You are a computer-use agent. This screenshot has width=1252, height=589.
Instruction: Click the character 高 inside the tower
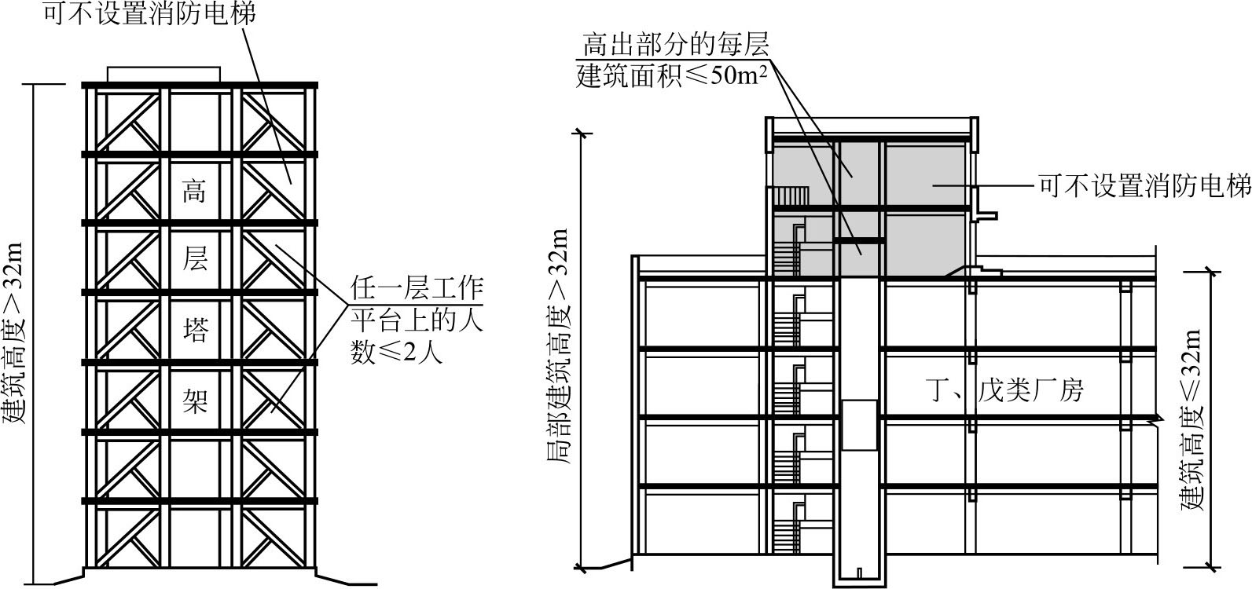click(194, 191)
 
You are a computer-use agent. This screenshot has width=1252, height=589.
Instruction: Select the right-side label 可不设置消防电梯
click(1144, 186)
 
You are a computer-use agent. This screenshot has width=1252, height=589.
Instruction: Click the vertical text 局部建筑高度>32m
click(558, 346)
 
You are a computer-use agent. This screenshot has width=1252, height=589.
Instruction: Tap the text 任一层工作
click(417, 289)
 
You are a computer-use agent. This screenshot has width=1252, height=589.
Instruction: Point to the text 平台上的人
click(417, 320)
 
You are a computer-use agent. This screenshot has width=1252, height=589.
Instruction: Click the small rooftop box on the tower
click(163, 74)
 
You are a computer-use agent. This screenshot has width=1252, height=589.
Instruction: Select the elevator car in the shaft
click(858, 425)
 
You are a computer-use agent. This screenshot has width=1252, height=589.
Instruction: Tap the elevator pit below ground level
click(858, 571)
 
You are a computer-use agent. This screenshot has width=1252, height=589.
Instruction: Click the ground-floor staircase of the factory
click(785, 535)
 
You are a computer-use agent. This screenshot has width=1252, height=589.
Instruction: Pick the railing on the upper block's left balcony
click(789, 196)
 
